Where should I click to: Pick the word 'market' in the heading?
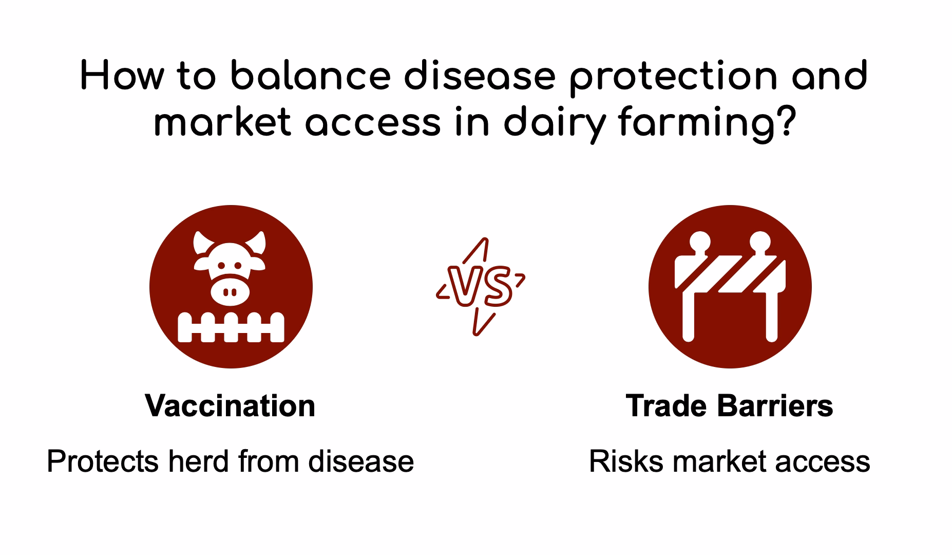[222, 123]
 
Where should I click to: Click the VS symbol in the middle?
[481, 286]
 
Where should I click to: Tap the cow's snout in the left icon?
[231, 291]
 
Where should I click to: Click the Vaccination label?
[230, 405]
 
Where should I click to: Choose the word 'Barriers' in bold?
[774, 405]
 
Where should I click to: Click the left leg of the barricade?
[689, 317]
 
